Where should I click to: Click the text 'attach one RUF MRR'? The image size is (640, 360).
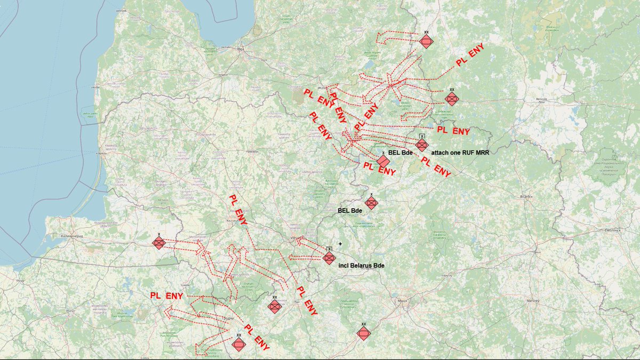tap(460, 153)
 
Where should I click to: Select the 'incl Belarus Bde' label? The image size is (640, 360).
tap(362, 265)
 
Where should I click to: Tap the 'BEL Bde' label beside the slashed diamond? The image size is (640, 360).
tap(401, 153)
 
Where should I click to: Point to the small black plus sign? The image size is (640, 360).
tap(340, 244)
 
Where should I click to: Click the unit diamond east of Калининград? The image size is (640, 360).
tap(159, 243)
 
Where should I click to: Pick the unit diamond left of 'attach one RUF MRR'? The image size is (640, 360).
tap(422, 145)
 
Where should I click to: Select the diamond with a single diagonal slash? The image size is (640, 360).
tap(382, 161)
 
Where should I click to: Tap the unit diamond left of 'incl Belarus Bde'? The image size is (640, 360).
tap(329, 258)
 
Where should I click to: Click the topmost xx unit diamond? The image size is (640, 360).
tap(426, 42)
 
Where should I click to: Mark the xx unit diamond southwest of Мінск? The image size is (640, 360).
tap(363, 334)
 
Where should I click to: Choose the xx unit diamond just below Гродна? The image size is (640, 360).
tap(238, 345)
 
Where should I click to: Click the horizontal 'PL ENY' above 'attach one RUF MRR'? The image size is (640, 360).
tap(453, 130)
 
